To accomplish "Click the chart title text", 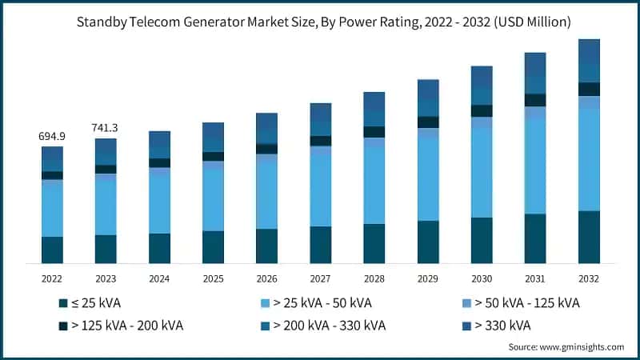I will pyautogui.click(x=320, y=22).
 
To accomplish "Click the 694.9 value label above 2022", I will pyautogui.click(x=52, y=137).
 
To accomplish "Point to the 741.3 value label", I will pyautogui.click(x=106, y=128).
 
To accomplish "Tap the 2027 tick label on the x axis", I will pyautogui.click(x=320, y=279).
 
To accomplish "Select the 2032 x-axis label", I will pyautogui.click(x=589, y=279).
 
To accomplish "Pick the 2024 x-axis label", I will pyautogui.click(x=159, y=279).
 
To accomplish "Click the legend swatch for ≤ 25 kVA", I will pyautogui.click(x=62, y=304).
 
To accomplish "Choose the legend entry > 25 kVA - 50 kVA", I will pyautogui.click(x=318, y=304).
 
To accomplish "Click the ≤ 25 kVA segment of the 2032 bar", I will pyautogui.click(x=589, y=237).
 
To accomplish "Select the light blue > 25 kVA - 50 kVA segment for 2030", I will pyautogui.click(x=482, y=172).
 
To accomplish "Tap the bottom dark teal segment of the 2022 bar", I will pyautogui.click(x=52, y=250).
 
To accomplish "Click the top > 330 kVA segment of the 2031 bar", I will pyautogui.click(x=535, y=65).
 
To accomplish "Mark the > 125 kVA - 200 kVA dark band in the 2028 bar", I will pyautogui.click(x=374, y=132).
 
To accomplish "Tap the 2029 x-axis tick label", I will pyautogui.click(x=428, y=279).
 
